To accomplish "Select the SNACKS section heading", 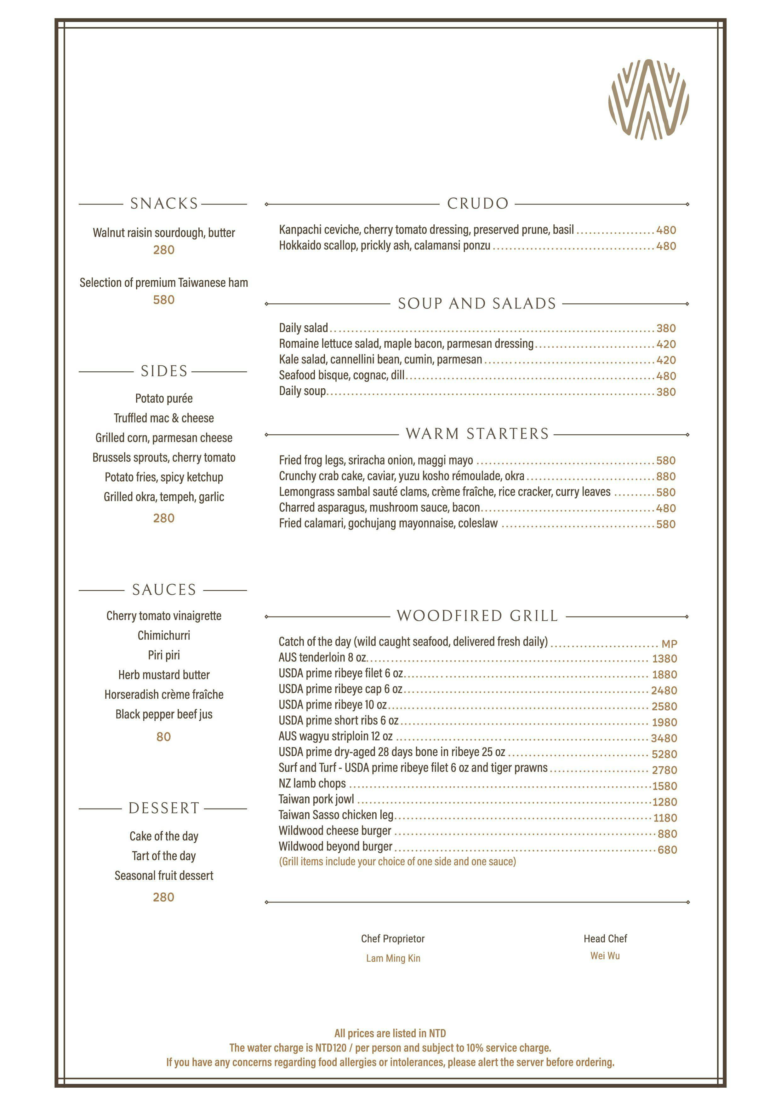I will click(x=164, y=203).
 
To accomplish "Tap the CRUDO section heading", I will click(x=477, y=203).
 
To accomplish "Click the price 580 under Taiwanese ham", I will click(x=164, y=300).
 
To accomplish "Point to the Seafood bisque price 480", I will click(x=666, y=376).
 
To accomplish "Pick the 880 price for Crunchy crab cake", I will click(x=666, y=477).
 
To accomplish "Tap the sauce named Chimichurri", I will click(x=164, y=635).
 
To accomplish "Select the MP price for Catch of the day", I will click(x=669, y=644).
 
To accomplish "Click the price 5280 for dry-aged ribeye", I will click(x=664, y=754).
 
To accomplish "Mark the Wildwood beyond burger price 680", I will click(x=667, y=850).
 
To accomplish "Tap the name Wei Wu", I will click(x=605, y=955).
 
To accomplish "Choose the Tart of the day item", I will click(x=164, y=856).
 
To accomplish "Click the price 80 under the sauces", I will click(x=164, y=736).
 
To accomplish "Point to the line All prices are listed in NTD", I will click(x=390, y=1033).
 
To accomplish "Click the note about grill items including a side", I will click(x=397, y=862).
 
